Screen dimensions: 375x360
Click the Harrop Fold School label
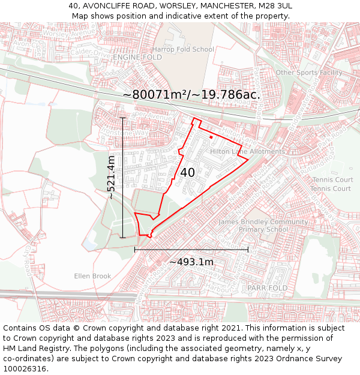point(183,49)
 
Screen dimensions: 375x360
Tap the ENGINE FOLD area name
point(137,57)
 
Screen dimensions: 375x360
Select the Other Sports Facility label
point(309,73)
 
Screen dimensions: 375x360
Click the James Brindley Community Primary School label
point(262,226)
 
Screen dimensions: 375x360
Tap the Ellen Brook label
point(93,276)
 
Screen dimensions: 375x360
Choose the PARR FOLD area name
point(268,288)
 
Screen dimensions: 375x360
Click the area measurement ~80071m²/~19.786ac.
point(191,95)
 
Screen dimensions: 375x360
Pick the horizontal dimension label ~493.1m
point(191,262)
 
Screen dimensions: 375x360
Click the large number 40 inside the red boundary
point(187,172)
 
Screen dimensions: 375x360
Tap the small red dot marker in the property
point(211,137)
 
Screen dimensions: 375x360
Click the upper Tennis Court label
point(332,180)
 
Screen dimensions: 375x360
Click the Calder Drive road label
point(90,53)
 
